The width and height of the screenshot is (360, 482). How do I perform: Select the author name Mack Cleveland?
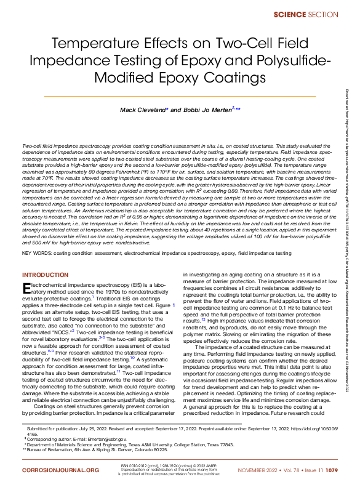(142, 110)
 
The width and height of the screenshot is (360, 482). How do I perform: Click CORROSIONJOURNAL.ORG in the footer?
(60, 470)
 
